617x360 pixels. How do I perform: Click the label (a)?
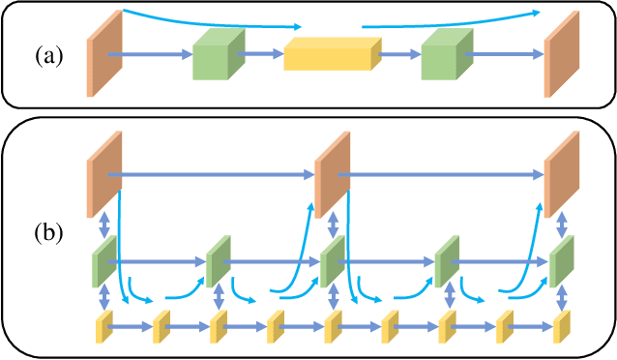(49, 54)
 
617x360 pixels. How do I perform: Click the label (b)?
(49, 233)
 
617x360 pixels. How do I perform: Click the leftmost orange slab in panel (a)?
(98, 53)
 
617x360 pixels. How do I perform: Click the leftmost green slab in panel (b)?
(103, 261)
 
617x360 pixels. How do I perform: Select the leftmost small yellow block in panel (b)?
(103, 328)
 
